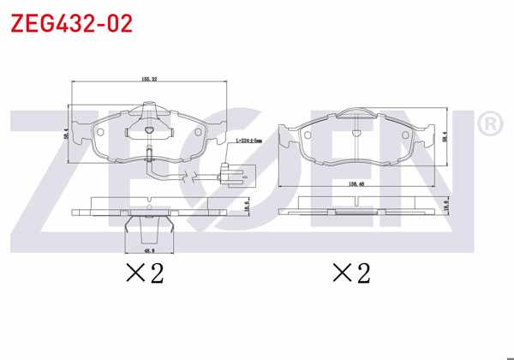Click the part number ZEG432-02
click(x=71, y=23)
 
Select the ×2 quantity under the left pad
click(x=143, y=274)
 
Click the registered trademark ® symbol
click(x=488, y=125)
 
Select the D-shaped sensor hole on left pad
click(x=148, y=130)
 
